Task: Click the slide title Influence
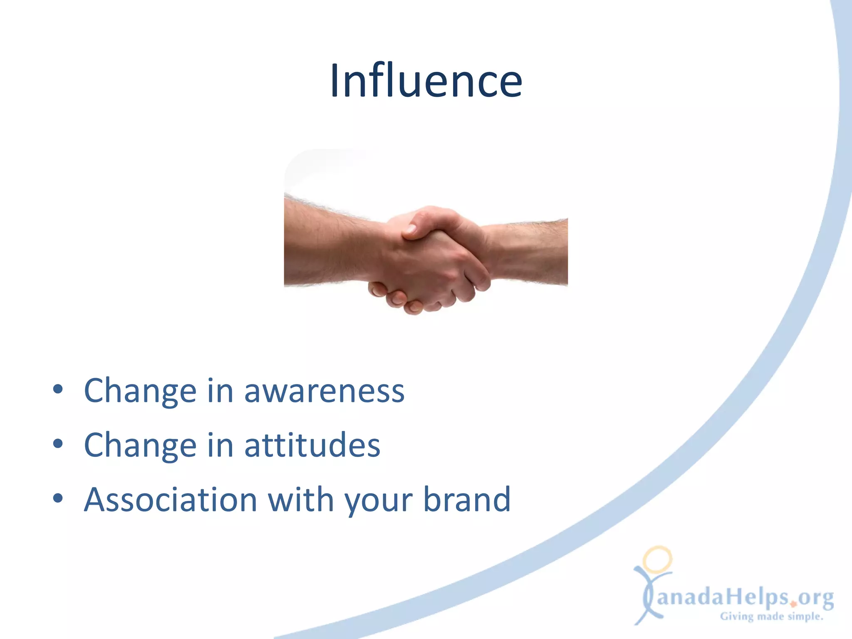click(x=426, y=81)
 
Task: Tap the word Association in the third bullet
click(x=171, y=500)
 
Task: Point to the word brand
click(x=467, y=500)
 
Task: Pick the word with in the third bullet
click(x=301, y=500)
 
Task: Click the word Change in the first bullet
click(x=140, y=392)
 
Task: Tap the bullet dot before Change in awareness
click(x=58, y=390)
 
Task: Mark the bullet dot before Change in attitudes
click(x=58, y=444)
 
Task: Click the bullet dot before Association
click(x=58, y=498)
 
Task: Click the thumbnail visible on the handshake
click(x=411, y=228)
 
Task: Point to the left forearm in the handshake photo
click(x=329, y=243)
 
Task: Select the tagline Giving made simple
click(x=772, y=616)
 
